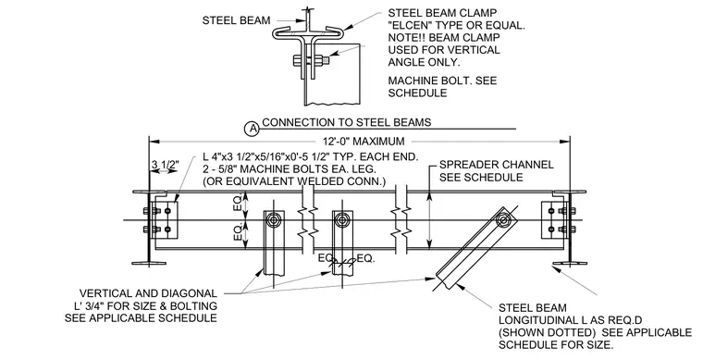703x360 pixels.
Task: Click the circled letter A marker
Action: point(253,130)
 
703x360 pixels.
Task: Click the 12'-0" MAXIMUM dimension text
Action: point(364,142)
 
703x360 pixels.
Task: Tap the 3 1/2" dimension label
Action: point(165,165)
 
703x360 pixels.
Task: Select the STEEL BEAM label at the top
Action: point(236,20)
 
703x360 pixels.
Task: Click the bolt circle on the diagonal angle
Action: point(503,219)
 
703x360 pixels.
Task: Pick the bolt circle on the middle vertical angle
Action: point(343,219)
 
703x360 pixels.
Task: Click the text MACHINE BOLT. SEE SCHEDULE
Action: point(442,87)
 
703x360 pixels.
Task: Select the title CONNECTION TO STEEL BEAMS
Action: point(347,122)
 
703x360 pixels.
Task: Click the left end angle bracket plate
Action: point(165,218)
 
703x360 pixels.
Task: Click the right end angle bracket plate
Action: point(555,218)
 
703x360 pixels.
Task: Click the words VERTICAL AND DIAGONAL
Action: point(148,293)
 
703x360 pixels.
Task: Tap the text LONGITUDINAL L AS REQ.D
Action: point(571,320)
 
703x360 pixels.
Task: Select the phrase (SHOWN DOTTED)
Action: point(547,332)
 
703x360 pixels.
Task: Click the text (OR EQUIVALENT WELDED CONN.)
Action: point(294,181)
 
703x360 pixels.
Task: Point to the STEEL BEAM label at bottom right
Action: point(533,308)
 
